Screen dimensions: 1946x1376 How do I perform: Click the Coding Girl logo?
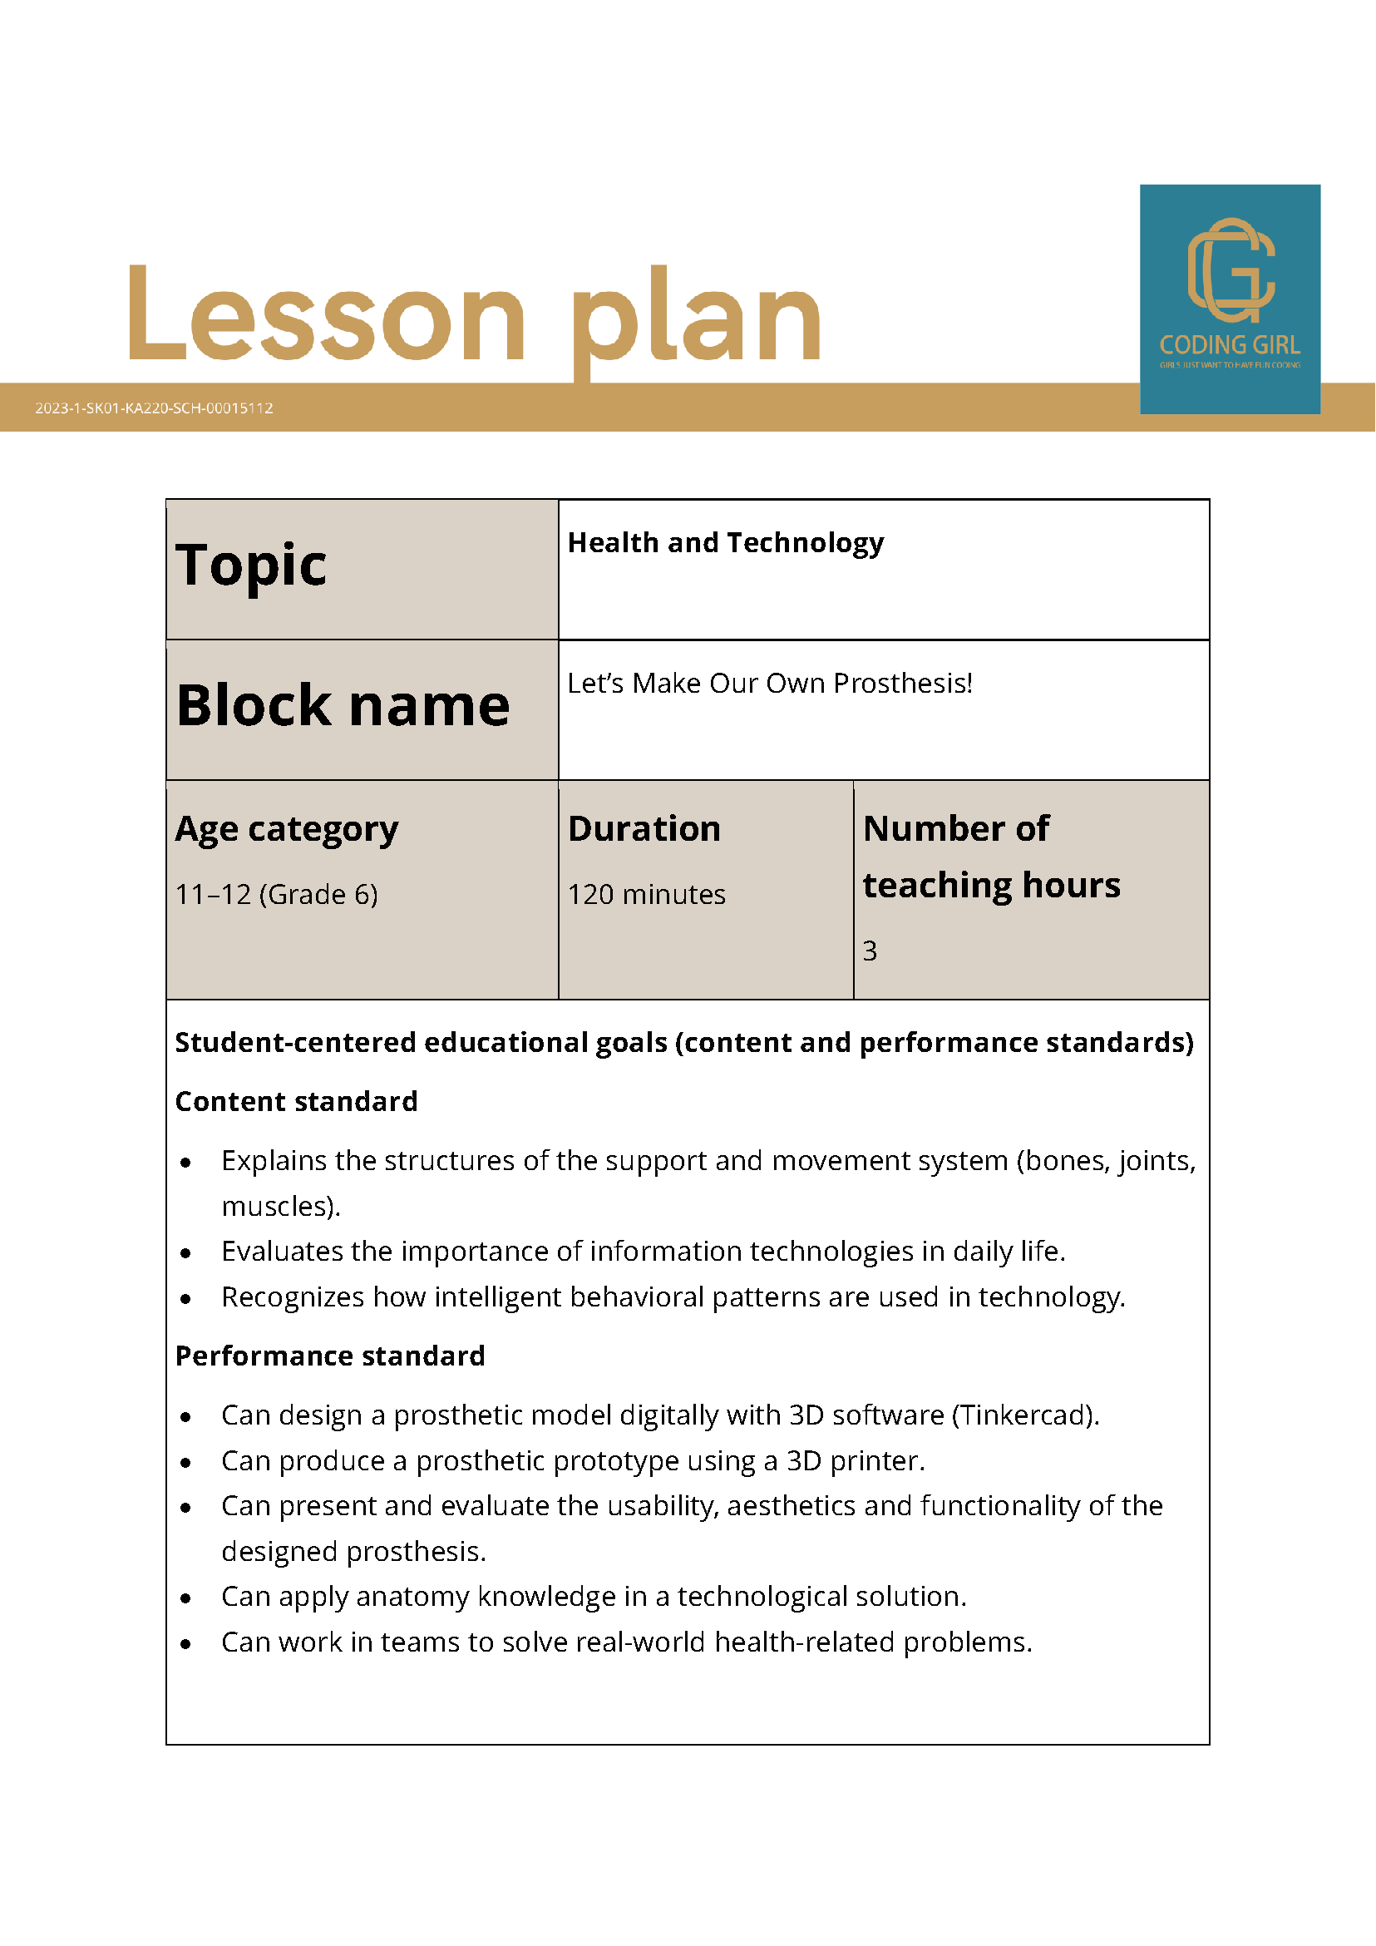pos(1230,299)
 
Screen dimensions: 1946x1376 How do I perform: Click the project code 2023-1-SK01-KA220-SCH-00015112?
pos(154,407)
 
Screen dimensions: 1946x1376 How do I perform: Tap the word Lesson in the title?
pos(326,314)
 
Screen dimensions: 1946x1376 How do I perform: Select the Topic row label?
pos(251,566)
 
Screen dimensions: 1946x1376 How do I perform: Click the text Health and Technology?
pos(725,542)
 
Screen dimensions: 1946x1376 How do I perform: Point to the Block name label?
pos(343,705)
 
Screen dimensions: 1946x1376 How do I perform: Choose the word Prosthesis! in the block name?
pos(902,683)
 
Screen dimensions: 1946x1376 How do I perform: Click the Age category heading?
pos(286,829)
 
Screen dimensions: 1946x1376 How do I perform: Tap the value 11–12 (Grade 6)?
pos(276,894)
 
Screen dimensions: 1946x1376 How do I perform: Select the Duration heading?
pos(644,829)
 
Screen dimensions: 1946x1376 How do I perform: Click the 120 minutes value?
pos(647,894)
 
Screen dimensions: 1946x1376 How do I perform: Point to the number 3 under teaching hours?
pos(870,951)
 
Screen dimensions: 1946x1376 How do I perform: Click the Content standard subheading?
pos(297,1101)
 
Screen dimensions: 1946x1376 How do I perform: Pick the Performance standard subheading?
pos(330,1356)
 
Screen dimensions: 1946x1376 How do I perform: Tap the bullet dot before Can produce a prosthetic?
pos(185,1462)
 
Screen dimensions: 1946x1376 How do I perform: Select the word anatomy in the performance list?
pos(412,1596)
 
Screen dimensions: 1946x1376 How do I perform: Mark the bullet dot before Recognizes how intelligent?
pos(185,1298)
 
